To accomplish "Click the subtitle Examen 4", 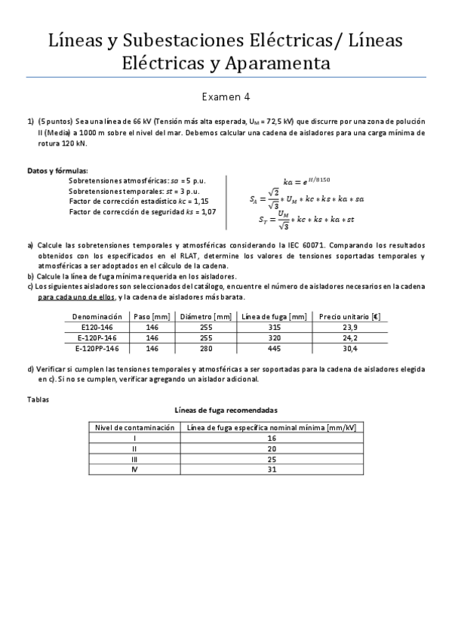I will [x=226, y=97].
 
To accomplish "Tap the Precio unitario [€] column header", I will [x=349, y=317].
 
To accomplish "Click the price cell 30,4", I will [x=349, y=349].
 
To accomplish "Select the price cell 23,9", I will [x=349, y=328].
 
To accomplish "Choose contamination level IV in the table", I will [x=134, y=469].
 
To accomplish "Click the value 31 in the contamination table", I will [x=271, y=469].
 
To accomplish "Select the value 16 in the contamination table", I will [x=271, y=438].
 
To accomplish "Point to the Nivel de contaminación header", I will [x=134, y=427].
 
